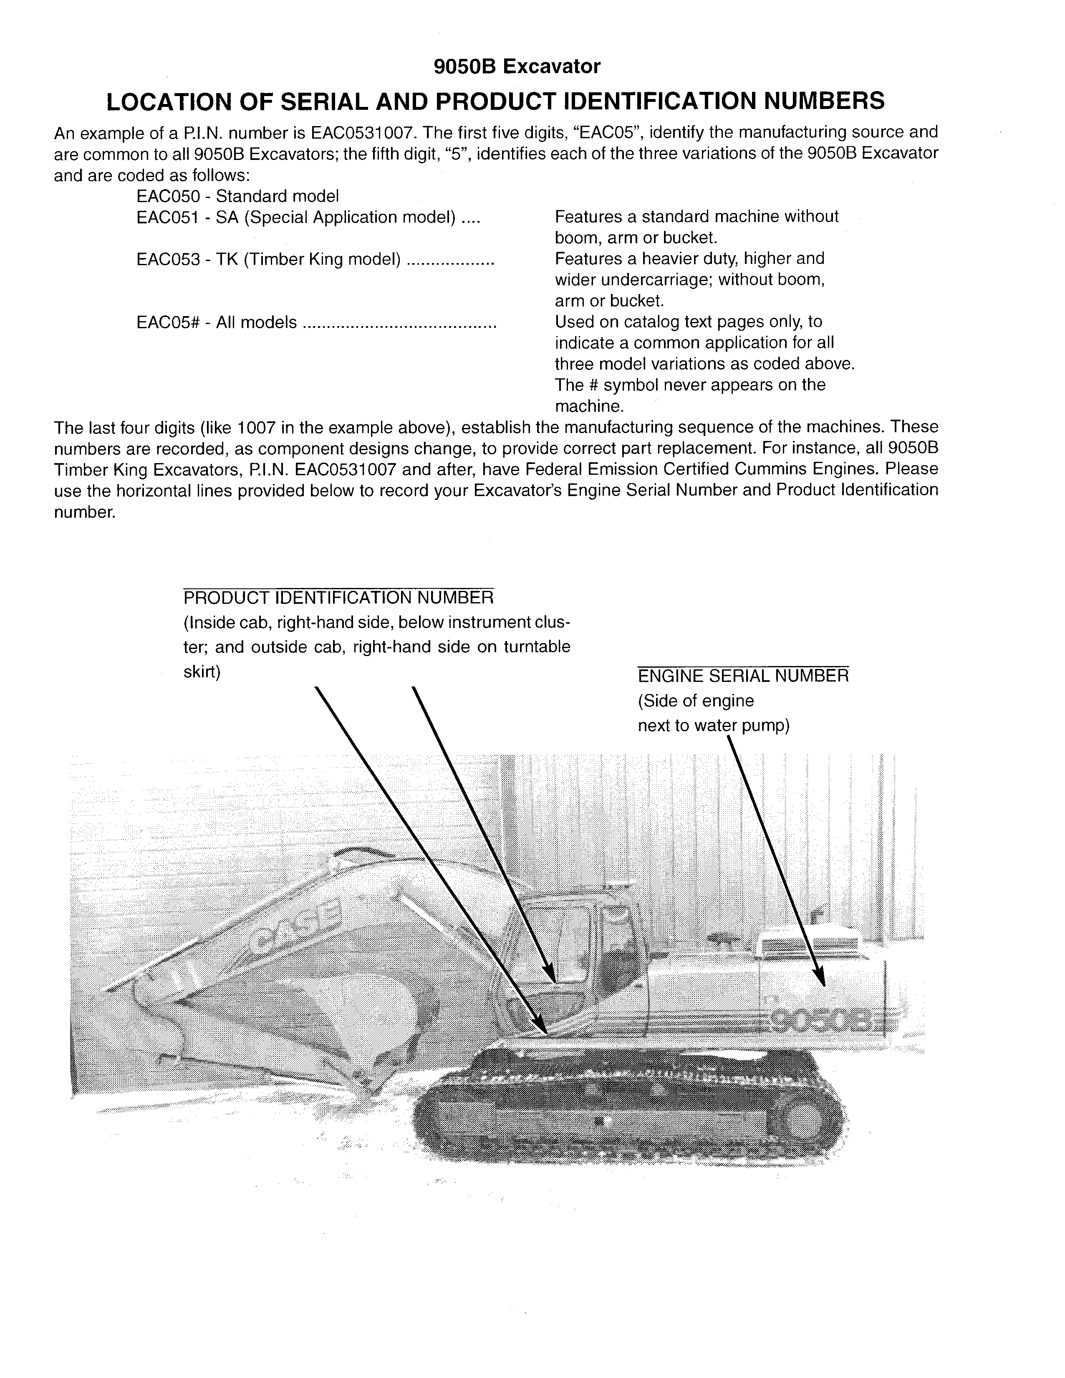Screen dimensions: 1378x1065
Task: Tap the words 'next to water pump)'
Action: (714, 726)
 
